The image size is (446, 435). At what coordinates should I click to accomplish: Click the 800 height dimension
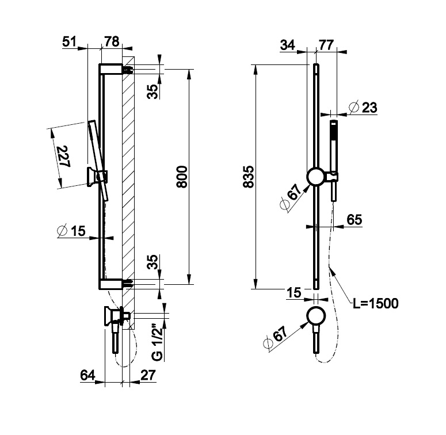pos(182,175)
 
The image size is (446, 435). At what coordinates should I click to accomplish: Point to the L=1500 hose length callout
pos(375,303)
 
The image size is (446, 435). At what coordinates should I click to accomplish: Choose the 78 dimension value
pos(111,41)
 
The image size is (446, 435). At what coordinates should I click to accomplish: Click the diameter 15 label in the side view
pos(71,231)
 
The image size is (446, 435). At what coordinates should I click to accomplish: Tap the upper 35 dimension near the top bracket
pos(152,91)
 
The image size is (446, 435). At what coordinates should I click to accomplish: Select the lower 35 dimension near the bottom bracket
pos(152,264)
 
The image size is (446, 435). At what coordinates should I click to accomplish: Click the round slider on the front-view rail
pos(315,177)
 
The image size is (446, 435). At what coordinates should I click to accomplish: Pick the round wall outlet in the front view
pos(315,317)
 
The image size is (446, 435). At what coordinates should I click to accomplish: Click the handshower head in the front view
pos(333,133)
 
